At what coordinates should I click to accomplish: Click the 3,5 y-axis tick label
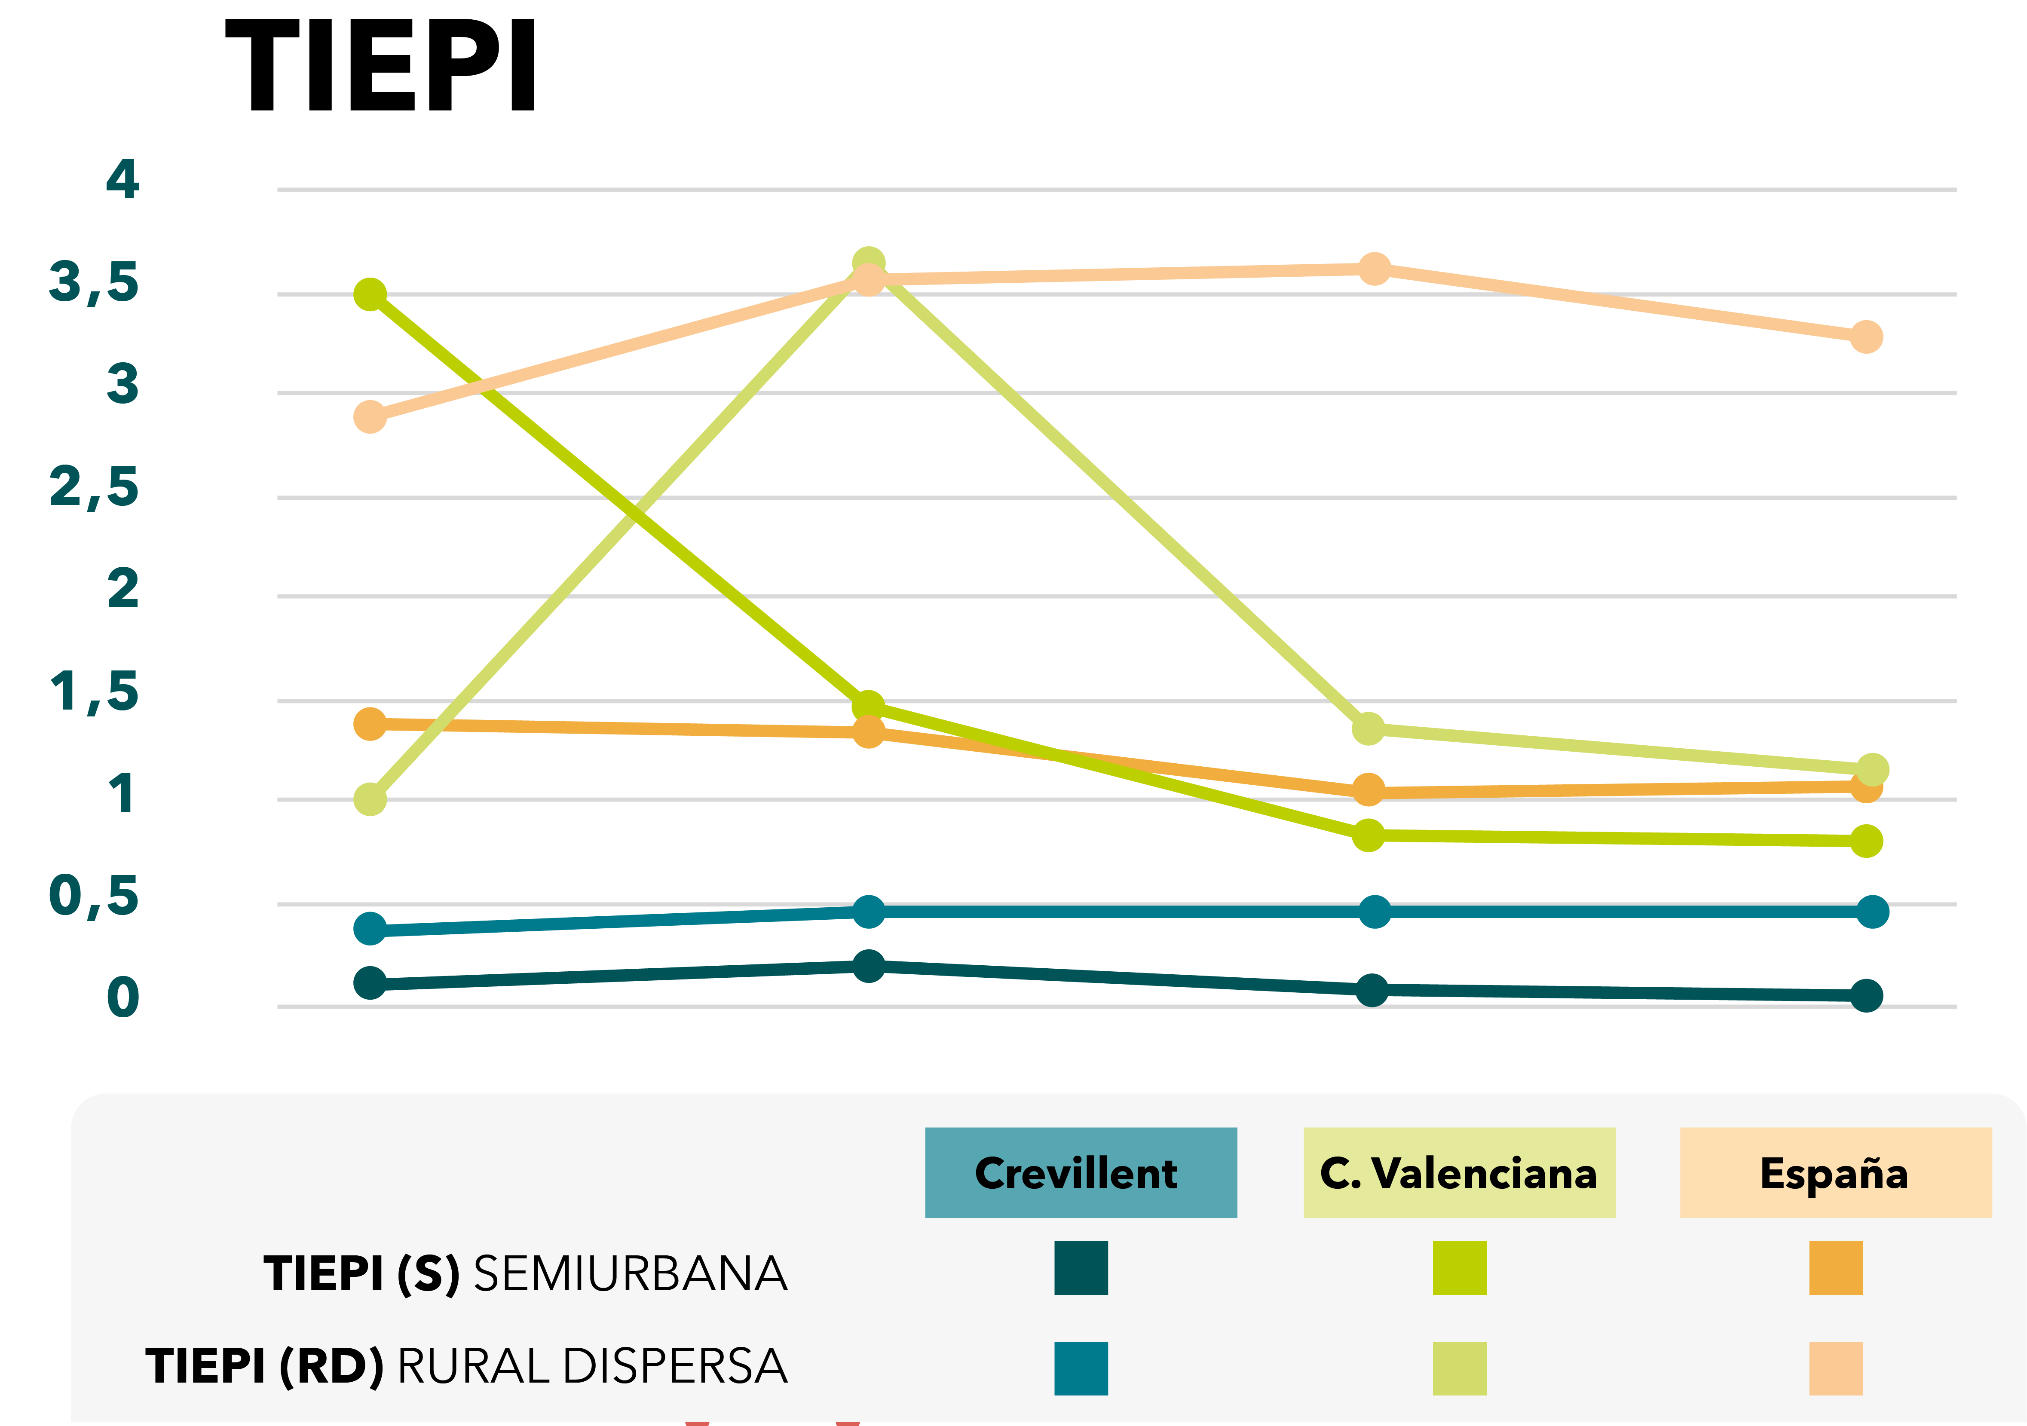[x=94, y=282]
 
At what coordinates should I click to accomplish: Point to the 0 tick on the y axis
[x=123, y=998]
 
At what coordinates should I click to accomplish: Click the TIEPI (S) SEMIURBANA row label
[x=525, y=1273]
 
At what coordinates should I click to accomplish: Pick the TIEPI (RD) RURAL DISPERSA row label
[x=466, y=1366]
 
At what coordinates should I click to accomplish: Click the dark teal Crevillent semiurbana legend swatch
[x=1081, y=1268]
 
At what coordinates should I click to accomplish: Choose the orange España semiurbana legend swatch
[x=1835, y=1268]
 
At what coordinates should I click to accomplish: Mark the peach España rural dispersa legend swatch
[x=1835, y=1368]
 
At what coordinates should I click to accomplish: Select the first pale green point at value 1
[x=370, y=799]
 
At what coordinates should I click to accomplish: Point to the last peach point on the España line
[x=1865, y=337]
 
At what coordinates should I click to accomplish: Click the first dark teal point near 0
[x=370, y=983]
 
